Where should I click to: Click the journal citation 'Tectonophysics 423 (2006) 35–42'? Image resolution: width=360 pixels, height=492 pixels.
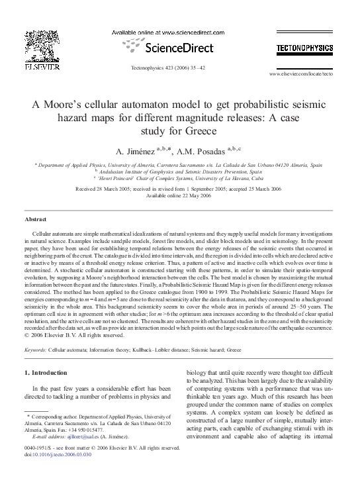click(x=168, y=68)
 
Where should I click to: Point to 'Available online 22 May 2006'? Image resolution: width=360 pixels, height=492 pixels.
click(x=180, y=195)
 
